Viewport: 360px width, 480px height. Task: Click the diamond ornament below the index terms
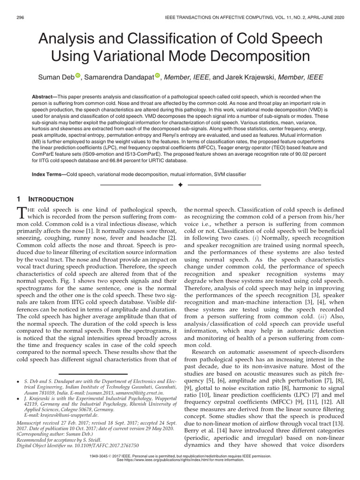pyautogui.click(x=180, y=186)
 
